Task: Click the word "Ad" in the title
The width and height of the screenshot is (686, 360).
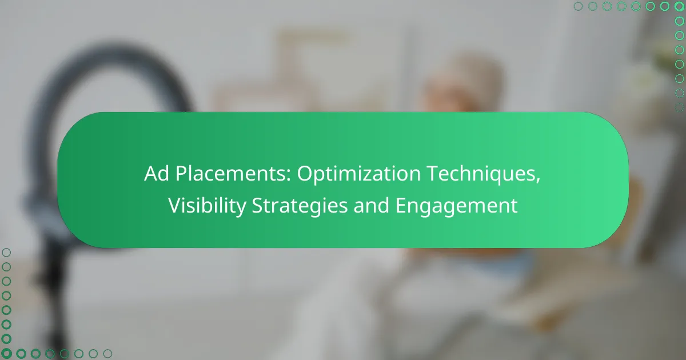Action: tap(157, 173)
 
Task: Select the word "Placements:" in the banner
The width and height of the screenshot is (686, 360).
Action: tap(233, 173)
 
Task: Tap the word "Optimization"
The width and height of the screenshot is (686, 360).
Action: tap(358, 174)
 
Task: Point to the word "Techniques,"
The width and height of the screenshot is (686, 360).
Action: tap(484, 174)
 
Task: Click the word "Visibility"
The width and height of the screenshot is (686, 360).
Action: tap(208, 206)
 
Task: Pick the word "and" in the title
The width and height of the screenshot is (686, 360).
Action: tap(371, 205)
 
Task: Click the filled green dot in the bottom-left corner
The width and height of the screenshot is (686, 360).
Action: tap(6, 354)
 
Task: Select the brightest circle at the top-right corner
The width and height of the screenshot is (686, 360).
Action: tap(679, 6)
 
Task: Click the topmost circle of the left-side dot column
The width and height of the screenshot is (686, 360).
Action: tap(6, 253)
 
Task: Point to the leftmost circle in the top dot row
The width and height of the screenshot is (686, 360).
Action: tap(578, 6)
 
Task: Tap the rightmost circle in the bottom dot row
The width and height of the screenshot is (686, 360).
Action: tap(107, 354)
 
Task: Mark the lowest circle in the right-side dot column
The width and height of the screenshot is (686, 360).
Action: tap(679, 107)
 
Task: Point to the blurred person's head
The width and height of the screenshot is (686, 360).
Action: tap(462, 83)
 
